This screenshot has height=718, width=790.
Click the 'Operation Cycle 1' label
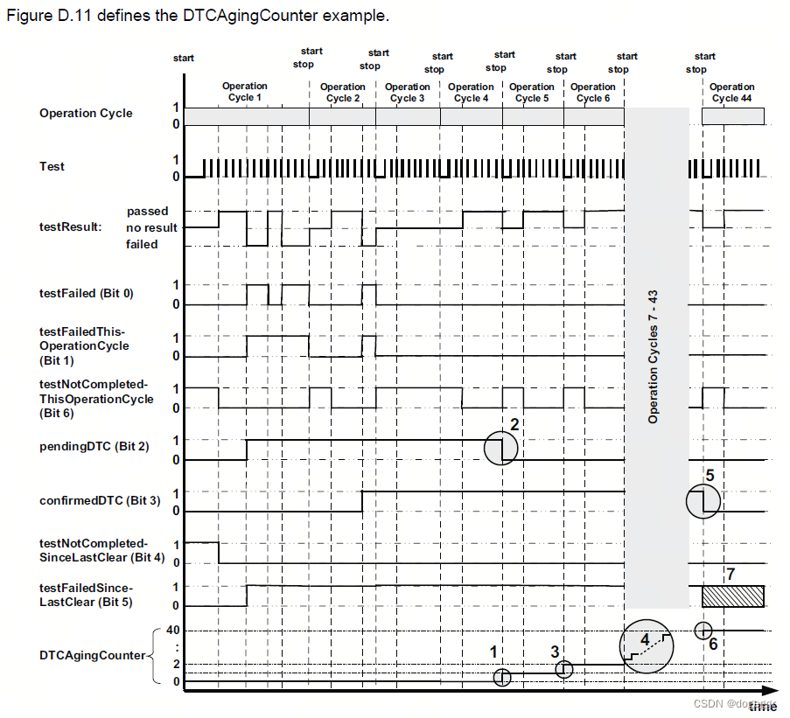245,92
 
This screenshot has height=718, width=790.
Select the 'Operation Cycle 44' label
732,93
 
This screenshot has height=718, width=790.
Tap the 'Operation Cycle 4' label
471,93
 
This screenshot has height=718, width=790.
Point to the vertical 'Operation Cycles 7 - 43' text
654,359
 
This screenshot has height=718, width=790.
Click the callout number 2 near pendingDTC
515,425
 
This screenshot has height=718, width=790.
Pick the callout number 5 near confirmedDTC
710,476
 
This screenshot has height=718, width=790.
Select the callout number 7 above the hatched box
731,574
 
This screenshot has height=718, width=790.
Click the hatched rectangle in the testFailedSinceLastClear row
733,596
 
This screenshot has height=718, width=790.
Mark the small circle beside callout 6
703,630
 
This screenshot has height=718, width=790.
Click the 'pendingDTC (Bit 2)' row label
94,447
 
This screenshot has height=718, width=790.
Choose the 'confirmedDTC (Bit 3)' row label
100,500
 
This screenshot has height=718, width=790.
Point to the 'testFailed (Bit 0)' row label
87,293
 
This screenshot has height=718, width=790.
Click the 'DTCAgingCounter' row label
92,655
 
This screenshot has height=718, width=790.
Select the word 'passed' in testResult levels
148,211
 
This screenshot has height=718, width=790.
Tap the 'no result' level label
151,227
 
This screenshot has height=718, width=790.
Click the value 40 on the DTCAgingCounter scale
173,630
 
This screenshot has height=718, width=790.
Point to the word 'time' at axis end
762,707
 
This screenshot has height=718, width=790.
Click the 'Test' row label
52,166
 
